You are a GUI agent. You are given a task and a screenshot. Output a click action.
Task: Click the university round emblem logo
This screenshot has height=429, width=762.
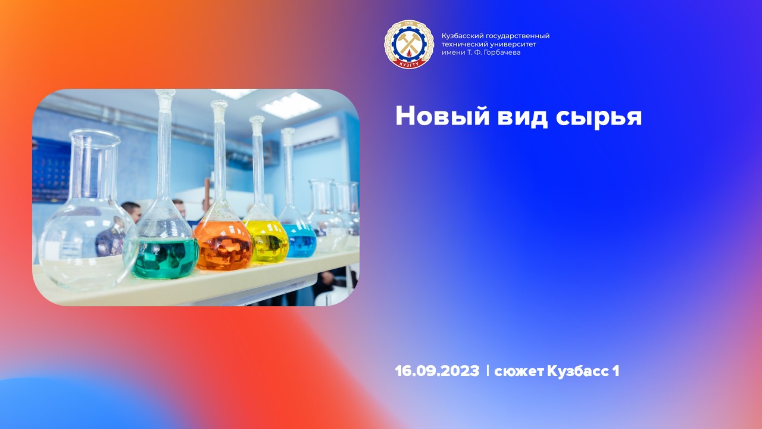(x=409, y=44)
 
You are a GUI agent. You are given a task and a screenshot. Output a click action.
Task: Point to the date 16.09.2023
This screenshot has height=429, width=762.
(x=437, y=371)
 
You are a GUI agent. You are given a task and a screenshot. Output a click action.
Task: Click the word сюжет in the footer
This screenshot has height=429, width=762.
(x=519, y=371)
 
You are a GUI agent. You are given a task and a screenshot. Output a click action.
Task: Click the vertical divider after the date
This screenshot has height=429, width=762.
(x=488, y=371)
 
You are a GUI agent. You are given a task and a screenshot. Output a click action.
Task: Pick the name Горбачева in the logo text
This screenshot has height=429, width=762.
(x=502, y=52)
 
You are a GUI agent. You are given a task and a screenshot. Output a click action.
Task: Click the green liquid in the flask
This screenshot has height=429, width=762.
(x=164, y=258)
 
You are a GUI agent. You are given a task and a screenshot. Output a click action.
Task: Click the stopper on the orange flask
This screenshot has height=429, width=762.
(x=219, y=105)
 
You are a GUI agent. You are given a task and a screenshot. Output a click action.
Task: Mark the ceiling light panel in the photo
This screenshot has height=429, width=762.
(x=291, y=105)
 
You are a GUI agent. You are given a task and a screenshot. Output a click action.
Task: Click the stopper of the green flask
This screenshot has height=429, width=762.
(x=164, y=94)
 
